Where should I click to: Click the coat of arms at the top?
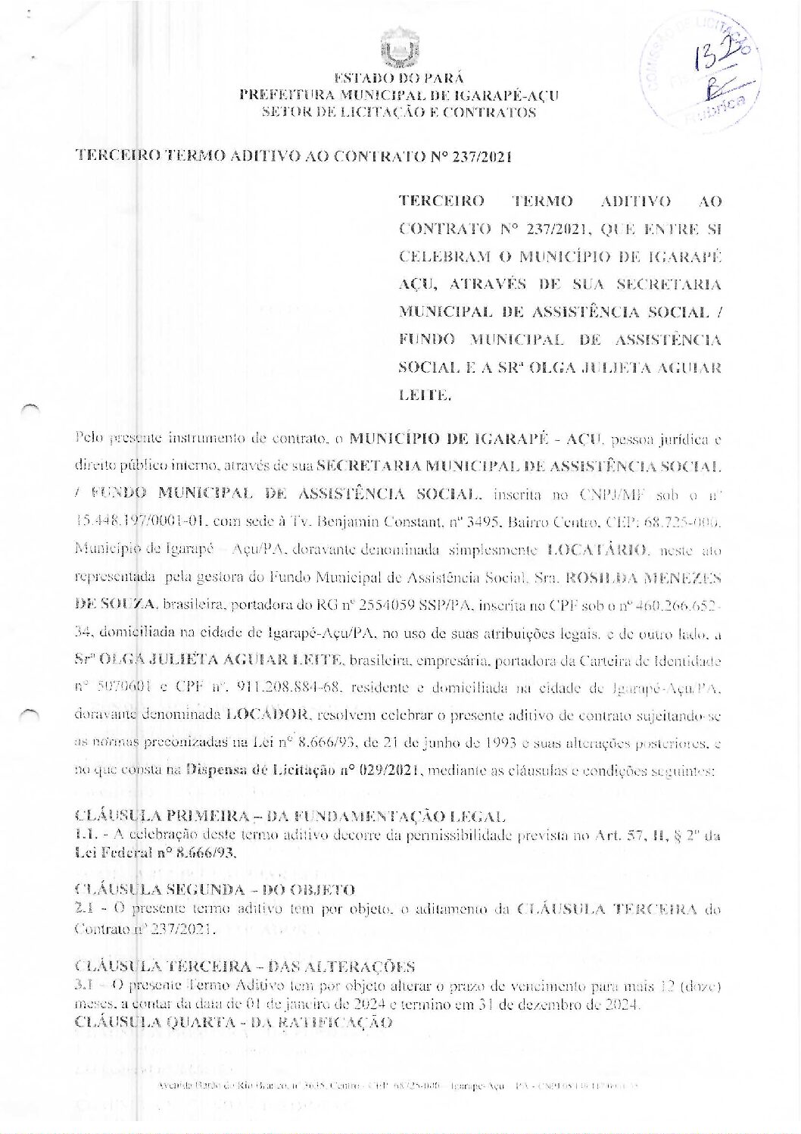coord(399,48)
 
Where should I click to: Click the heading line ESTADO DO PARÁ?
coord(399,78)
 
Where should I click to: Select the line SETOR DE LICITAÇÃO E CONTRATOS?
coord(399,113)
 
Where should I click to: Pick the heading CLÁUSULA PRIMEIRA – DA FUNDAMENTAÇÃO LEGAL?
coord(289,817)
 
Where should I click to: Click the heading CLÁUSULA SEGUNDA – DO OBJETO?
coord(215,889)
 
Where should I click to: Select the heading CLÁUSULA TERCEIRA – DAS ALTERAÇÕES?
coord(245,967)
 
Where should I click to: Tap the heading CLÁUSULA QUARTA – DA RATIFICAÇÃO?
coord(234,1023)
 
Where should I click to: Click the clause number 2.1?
coord(84,908)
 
